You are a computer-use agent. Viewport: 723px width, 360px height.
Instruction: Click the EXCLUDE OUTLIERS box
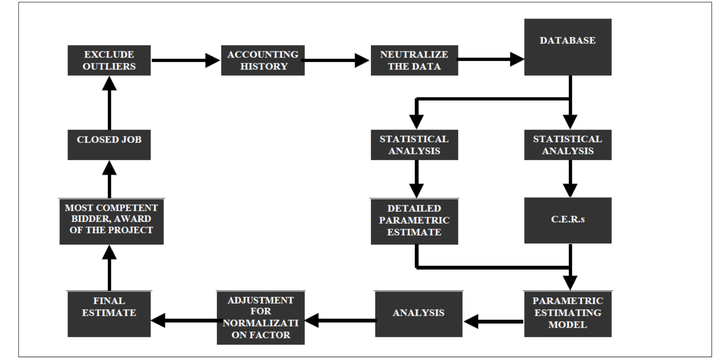[x=109, y=60]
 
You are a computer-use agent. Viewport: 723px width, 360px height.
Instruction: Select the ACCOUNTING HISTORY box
[x=263, y=60]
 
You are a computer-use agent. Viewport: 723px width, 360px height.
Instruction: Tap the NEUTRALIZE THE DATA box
[x=414, y=60]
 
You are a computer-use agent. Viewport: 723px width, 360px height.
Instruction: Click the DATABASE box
[x=567, y=47]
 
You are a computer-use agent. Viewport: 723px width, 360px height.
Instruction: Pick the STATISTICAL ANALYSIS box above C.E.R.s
[x=567, y=145]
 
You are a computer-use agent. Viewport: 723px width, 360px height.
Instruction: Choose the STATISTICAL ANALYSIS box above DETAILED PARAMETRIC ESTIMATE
[x=414, y=145]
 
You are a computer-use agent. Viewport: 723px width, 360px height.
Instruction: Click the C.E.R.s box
[x=567, y=220]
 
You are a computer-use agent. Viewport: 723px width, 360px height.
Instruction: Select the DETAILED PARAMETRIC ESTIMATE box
[x=414, y=221]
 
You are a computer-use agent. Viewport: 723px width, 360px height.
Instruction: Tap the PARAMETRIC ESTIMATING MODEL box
[x=567, y=314]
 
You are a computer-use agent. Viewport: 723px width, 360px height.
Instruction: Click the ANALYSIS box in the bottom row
[x=418, y=314]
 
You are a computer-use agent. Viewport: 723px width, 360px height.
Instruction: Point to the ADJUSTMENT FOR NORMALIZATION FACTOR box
[x=260, y=318]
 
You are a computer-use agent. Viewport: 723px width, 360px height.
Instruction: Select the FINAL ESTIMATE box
[x=109, y=314]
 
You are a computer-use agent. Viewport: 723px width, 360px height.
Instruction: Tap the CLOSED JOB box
[x=109, y=145]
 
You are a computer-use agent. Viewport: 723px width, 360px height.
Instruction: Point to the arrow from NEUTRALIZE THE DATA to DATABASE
[x=490, y=59]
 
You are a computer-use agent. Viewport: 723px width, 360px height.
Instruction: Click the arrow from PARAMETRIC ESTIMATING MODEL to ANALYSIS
[x=493, y=321]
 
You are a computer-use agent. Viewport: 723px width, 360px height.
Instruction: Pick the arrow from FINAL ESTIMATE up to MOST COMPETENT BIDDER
[x=109, y=268]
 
